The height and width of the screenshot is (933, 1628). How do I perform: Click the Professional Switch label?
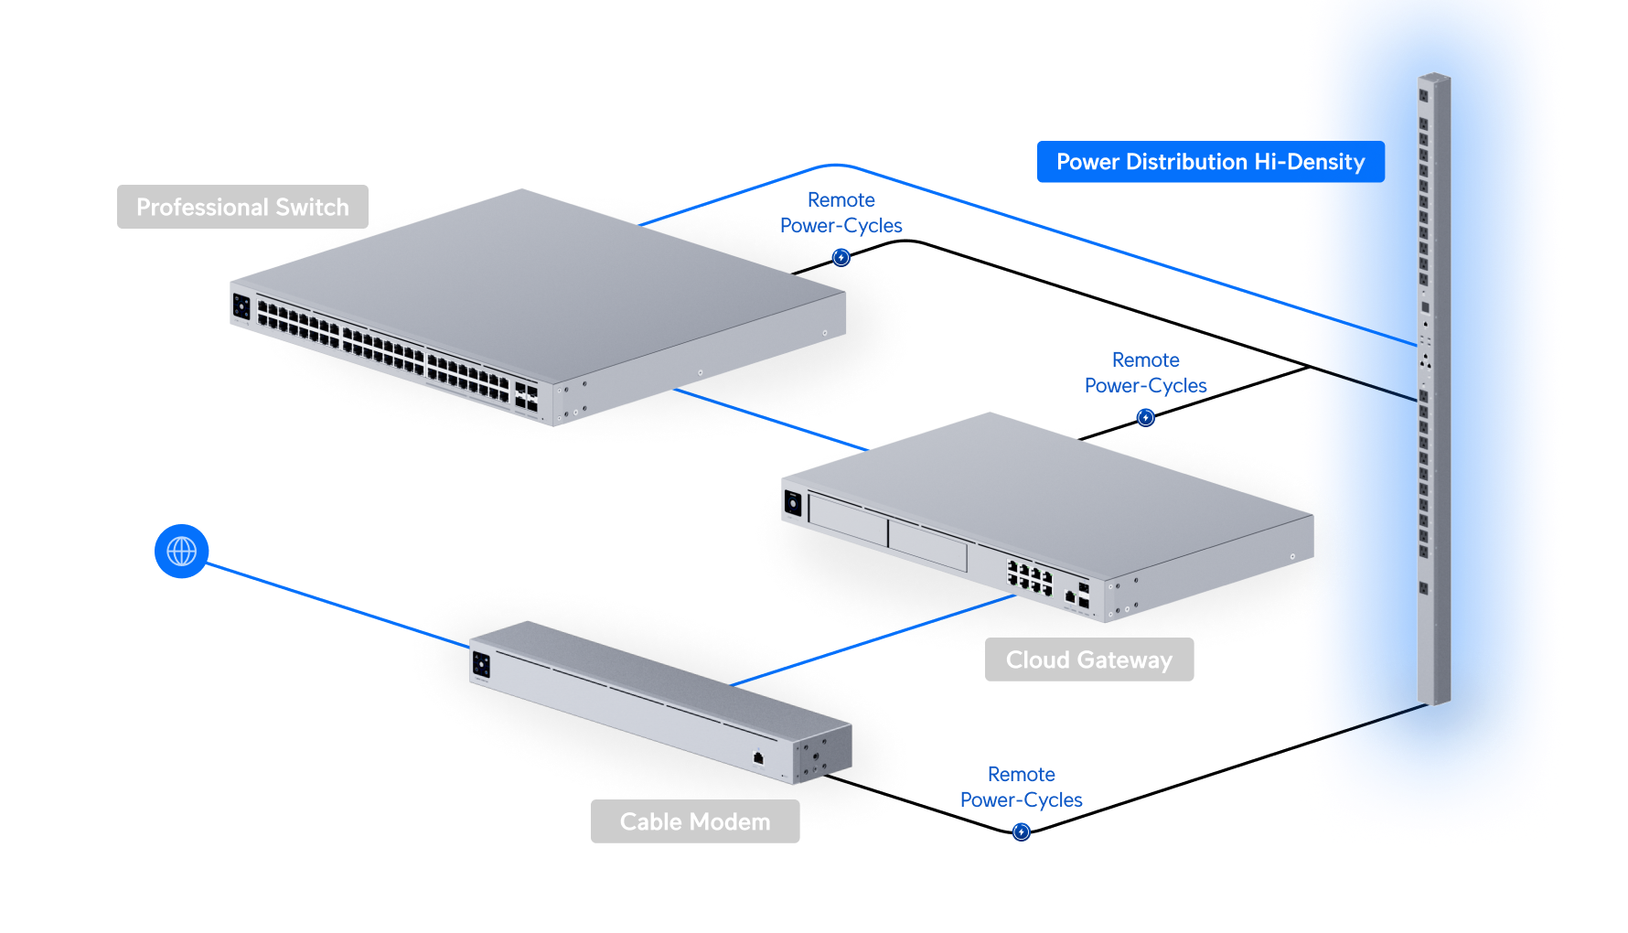[242, 207]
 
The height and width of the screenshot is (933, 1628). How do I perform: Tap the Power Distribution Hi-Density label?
[1210, 162]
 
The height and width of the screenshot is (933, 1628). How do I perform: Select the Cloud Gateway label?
[1088, 660]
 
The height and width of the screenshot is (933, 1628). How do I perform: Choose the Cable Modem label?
[695, 821]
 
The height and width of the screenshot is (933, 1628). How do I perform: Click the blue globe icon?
[182, 551]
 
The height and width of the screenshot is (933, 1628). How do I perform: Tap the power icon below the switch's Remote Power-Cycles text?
[841, 258]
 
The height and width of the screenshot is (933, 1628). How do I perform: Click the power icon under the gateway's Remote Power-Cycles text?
[1145, 418]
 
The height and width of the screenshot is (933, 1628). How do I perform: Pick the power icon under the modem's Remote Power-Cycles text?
[1022, 831]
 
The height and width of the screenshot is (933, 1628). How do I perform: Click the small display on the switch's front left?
[241, 306]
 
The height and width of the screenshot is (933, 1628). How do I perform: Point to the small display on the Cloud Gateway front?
[793, 503]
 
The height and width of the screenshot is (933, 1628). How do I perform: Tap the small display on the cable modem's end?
[481, 664]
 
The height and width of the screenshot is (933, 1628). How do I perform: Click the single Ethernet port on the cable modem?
[758, 757]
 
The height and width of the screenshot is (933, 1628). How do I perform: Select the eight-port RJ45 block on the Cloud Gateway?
[1030, 577]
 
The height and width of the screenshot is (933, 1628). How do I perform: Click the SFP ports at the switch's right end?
[526, 395]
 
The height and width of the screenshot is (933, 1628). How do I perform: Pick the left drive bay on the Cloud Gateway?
[848, 520]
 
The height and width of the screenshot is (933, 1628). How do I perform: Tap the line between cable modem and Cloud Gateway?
[869, 640]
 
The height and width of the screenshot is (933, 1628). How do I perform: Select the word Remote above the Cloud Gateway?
[1145, 360]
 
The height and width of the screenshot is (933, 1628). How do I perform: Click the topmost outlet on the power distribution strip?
[1424, 94]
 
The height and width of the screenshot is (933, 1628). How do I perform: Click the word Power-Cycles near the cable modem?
[1022, 799]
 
